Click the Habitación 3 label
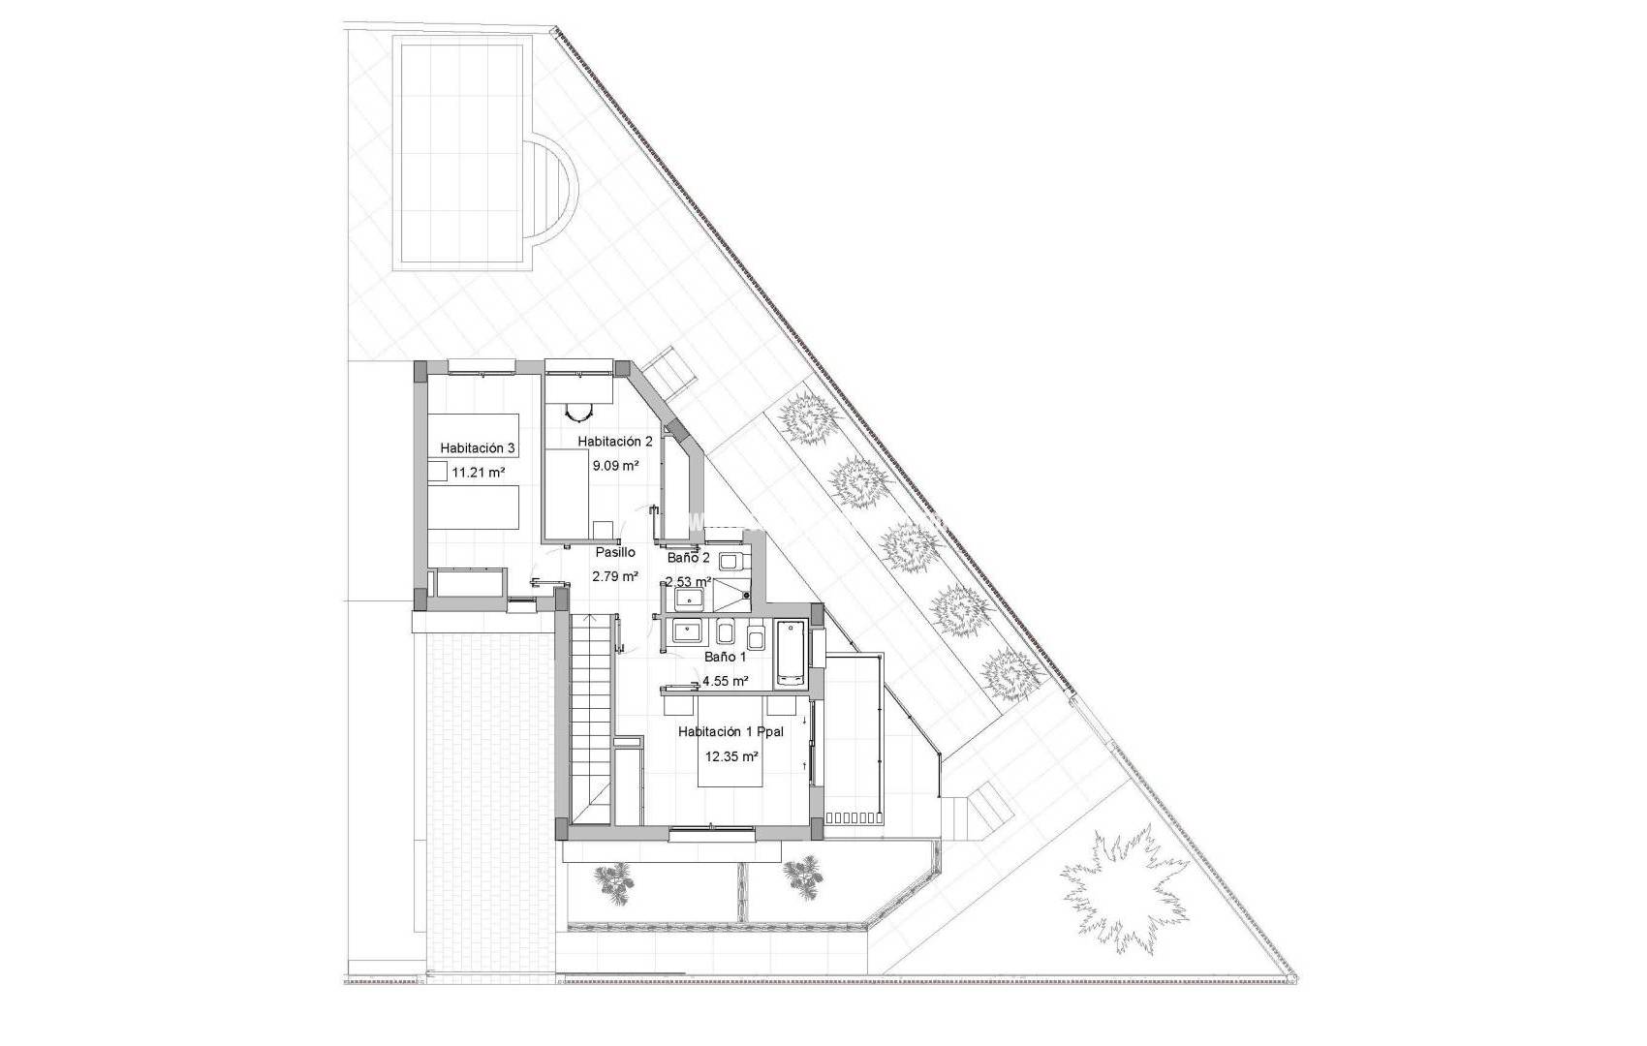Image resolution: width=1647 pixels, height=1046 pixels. point(478,448)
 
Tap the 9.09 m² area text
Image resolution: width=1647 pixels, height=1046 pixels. point(616,465)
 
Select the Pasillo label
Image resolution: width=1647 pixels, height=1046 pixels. point(615,552)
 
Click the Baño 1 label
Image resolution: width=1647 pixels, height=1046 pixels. point(725,657)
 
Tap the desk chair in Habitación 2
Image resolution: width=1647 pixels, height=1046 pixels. point(577,413)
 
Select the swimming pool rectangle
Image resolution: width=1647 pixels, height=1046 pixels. point(463,153)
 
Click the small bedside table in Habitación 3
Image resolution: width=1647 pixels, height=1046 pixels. point(437,472)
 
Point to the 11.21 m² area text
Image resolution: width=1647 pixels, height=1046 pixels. point(479,474)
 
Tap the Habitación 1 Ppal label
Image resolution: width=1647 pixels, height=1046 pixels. point(730,732)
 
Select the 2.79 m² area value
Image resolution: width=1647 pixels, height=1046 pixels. point(615,576)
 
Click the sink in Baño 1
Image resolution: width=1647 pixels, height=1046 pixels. point(689,632)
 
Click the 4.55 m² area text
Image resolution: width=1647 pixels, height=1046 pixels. point(726,681)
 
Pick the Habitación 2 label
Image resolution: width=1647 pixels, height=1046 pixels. point(615,441)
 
